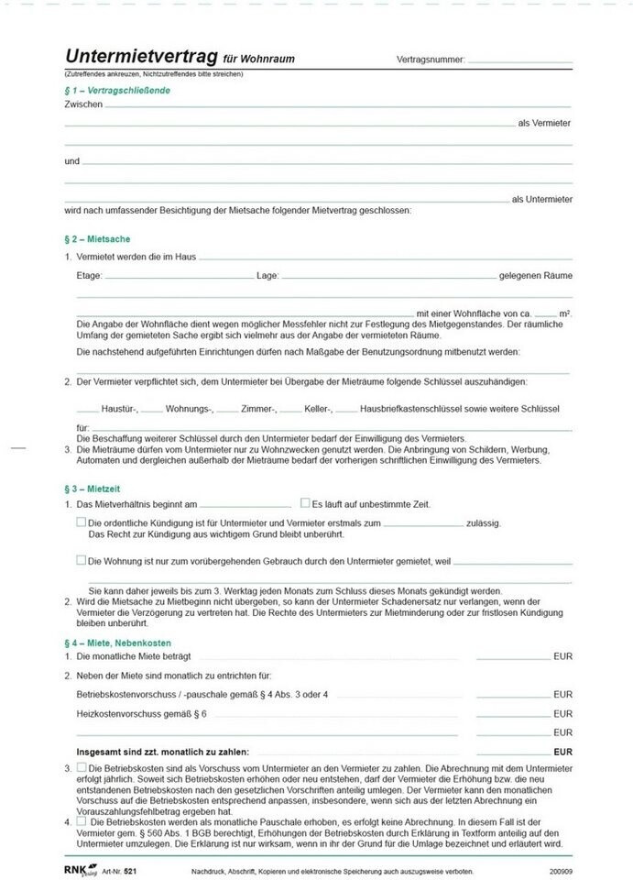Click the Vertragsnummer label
(431, 60)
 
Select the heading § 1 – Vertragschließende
(117, 91)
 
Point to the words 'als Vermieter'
(544, 122)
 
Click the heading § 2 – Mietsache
(92, 238)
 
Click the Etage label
(90, 275)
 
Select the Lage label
(267, 275)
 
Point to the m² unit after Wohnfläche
(565, 313)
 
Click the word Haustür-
(119, 408)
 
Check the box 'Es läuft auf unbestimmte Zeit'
(305, 503)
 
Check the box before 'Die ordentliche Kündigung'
(82, 522)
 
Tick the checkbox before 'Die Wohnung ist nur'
(82, 559)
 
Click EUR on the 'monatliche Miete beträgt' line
(562, 657)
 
